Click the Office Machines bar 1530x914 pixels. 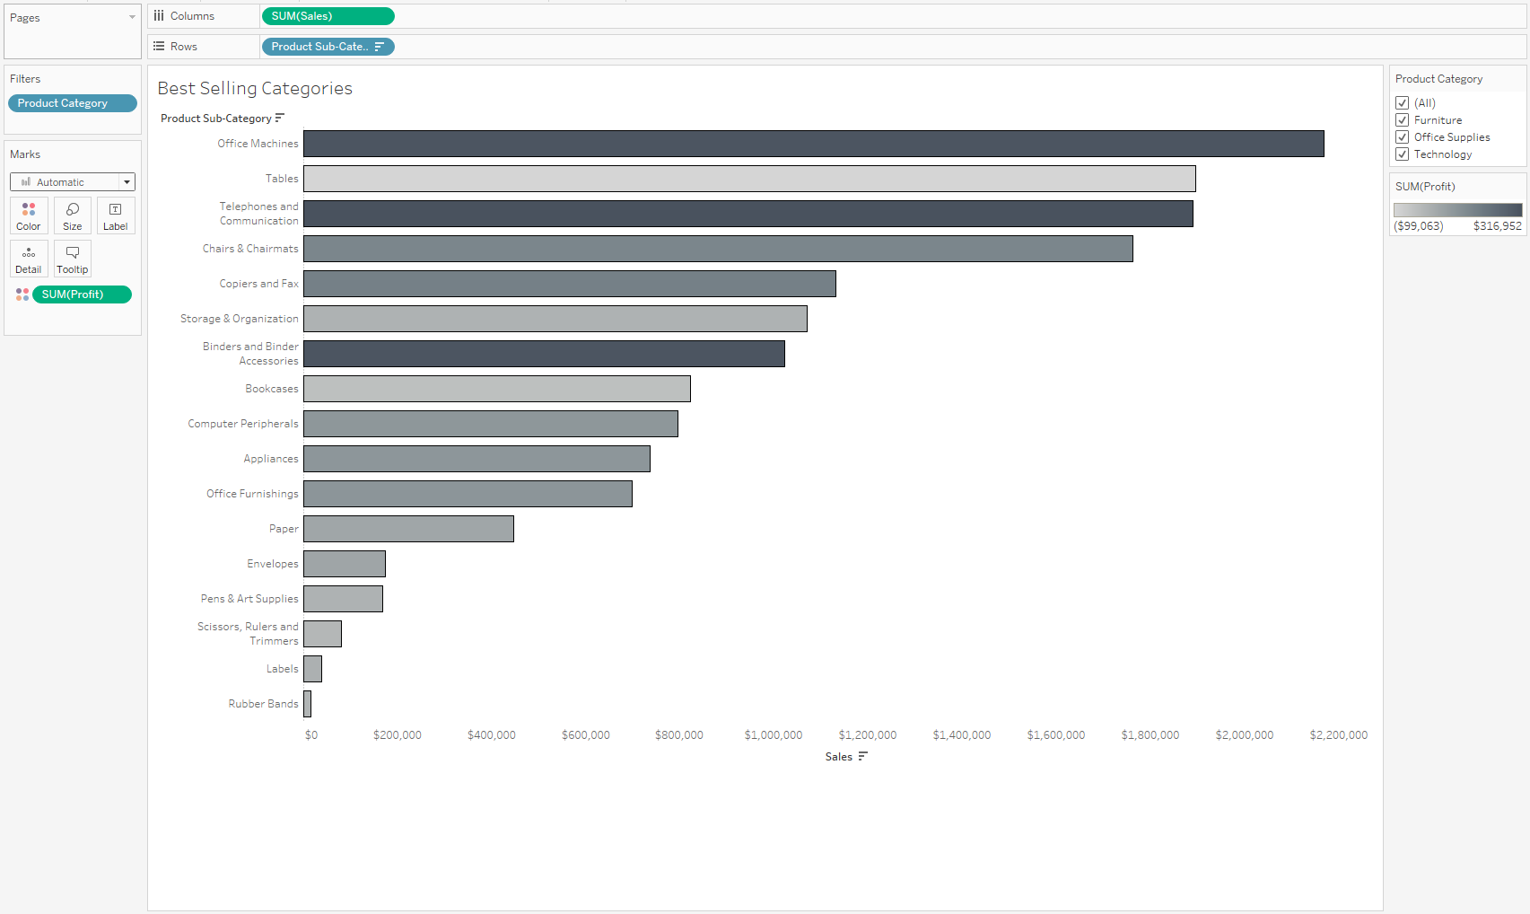(x=813, y=144)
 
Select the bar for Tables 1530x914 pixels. (x=749, y=179)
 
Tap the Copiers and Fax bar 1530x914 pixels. (x=569, y=284)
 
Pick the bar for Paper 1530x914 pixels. (x=408, y=529)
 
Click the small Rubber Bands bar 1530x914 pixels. (x=308, y=704)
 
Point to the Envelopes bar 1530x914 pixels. (x=345, y=564)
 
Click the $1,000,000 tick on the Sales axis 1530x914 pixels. (x=774, y=735)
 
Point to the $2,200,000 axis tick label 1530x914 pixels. (x=1338, y=735)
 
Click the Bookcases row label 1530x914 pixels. (x=272, y=389)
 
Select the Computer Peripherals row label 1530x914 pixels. (x=243, y=424)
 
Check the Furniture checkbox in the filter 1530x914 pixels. (x=1403, y=120)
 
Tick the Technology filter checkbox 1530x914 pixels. (x=1403, y=154)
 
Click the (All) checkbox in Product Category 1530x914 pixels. (x=1403, y=103)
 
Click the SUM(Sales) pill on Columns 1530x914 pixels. (x=328, y=16)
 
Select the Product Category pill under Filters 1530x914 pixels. (x=72, y=103)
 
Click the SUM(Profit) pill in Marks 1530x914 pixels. (x=82, y=294)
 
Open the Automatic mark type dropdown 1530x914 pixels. (x=73, y=182)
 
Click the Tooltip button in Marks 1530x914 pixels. (x=73, y=259)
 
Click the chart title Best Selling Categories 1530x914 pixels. (x=255, y=88)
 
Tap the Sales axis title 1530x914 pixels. (x=839, y=757)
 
